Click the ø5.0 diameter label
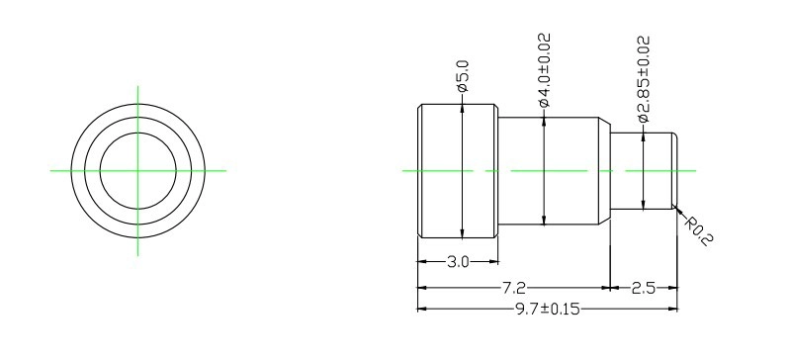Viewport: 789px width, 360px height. pos(463,76)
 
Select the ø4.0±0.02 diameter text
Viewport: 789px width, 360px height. pos(545,70)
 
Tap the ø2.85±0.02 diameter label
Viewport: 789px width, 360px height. pos(644,79)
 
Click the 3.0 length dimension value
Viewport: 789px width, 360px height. pos(458,262)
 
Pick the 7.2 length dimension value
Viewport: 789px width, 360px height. pos(514,288)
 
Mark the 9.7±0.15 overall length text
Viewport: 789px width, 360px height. pos(547,309)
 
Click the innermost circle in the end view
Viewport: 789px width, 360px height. pos(137,133)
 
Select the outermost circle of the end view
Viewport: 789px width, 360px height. pos(137,104)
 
